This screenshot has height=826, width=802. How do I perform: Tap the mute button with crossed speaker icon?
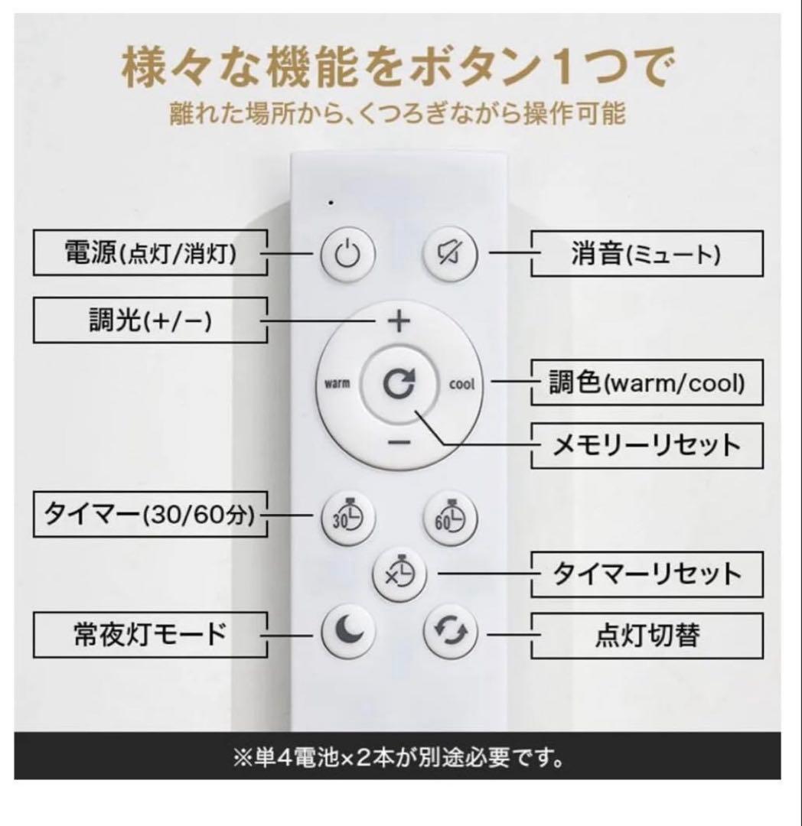[x=451, y=254]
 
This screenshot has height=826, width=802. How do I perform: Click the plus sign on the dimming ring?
[x=397, y=322]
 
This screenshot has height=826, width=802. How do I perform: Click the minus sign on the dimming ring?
[x=398, y=442]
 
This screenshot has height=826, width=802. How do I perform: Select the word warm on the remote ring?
[x=337, y=383]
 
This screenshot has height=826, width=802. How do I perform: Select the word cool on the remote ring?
[x=461, y=383]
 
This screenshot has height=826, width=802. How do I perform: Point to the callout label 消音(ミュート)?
[x=647, y=255]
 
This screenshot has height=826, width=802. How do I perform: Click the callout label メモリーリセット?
[x=647, y=445]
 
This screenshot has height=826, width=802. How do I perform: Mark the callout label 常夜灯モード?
[x=150, y=634]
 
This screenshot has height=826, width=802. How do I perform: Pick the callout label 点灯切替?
[x=647, y=634]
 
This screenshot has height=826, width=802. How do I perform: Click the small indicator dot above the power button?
[x=331, y=203]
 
